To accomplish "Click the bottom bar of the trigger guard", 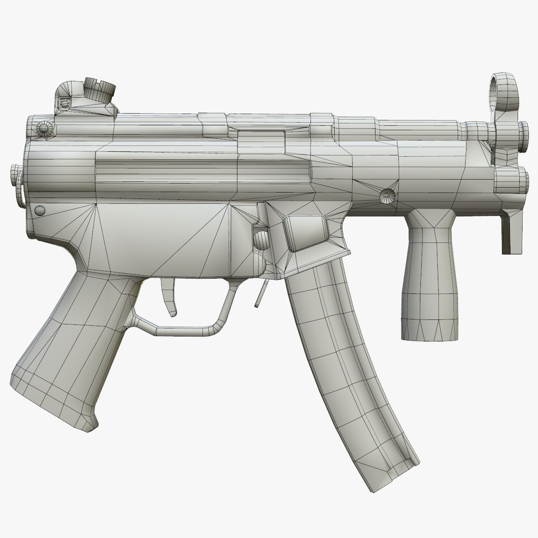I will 184,329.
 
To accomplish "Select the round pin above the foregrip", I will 386,195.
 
